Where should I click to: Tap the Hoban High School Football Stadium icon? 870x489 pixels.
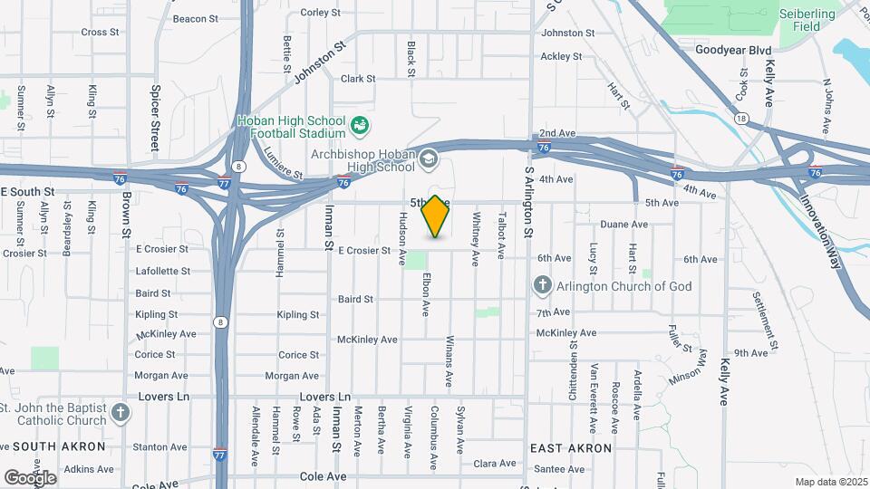360,123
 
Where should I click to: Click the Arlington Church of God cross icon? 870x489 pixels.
542,286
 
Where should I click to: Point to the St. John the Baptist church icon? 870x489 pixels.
121,415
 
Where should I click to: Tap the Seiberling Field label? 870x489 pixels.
801,20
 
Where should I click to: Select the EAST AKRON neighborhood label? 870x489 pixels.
571,448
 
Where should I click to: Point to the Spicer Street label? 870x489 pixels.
155,119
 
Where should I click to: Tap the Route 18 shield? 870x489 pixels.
742,119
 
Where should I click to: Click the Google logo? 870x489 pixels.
30,477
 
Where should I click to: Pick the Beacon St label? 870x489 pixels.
196,18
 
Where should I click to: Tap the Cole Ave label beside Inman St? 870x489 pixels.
324,476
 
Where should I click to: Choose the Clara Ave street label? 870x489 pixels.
495,464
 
